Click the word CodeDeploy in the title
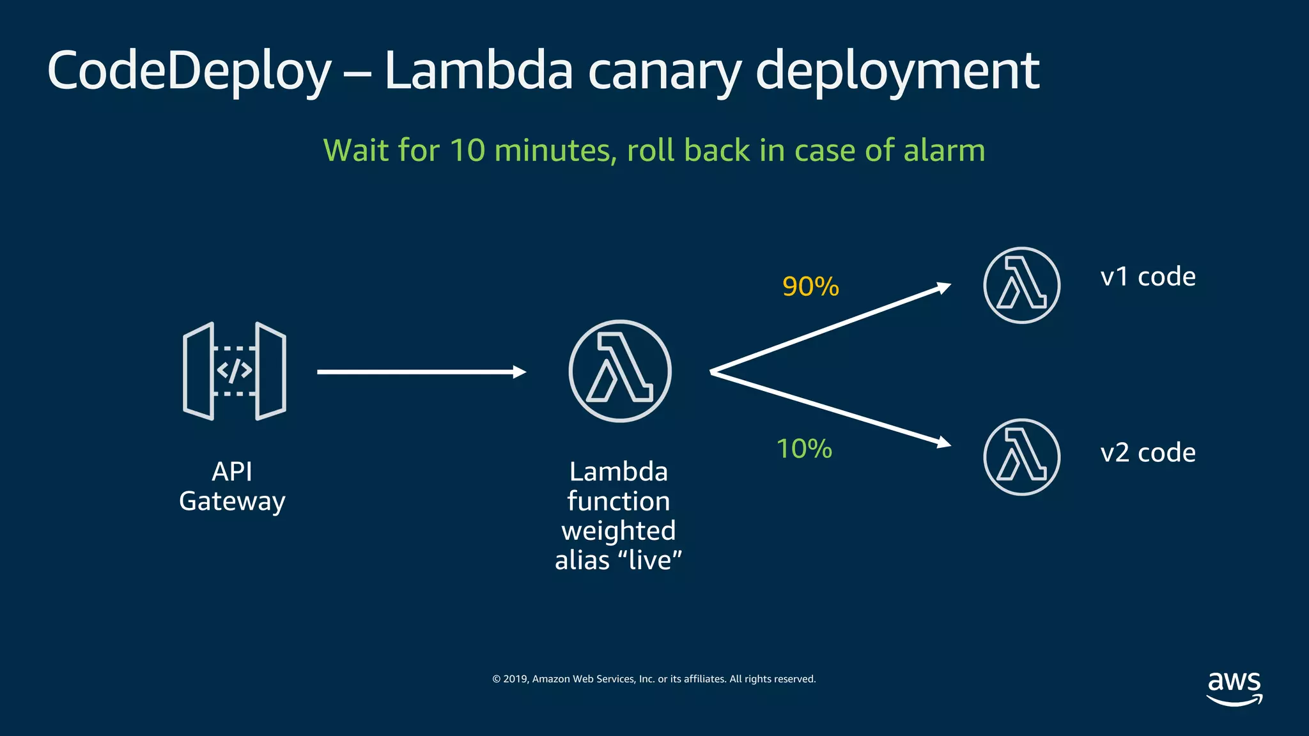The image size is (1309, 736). (x=189, y=72)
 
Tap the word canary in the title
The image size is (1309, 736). (x=664, y=72)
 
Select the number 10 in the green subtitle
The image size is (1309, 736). (x=467, y=151)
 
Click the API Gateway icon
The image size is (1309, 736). (x=234, y=371)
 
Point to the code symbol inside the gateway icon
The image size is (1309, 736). (x=234, y=371)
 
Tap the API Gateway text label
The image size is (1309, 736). (x=232, y=487)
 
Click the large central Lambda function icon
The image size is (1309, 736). (x=619, y=371)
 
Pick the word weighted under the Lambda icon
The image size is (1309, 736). (x=618, y=531)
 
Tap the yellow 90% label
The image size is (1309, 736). (x=810, y=287)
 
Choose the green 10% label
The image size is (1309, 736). (x=804, y=449)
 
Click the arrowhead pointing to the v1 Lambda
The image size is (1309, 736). (x=943, y=288)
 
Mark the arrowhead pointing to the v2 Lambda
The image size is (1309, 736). (x=943, y=442)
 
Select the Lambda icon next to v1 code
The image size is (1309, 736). (x=1021, y=286)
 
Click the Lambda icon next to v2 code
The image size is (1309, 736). (x=1021, y=457)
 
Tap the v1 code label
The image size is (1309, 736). (x=1147, y=277)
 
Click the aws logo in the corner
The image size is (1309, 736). (x=1234, y=687)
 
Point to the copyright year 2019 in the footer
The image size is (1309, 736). (x=515, y=679)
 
